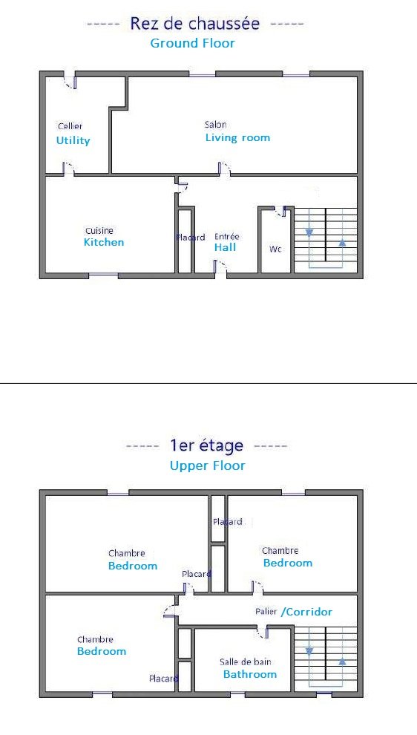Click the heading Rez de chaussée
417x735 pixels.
(194, 24)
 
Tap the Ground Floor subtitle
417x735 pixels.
(192, 43)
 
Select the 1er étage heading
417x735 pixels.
(206, 445)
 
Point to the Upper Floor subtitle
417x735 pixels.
(207, 466)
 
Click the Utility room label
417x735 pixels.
(73, 140)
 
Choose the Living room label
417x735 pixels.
(237, 138)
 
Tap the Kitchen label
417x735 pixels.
(104, 242)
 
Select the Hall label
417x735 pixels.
(226, 247)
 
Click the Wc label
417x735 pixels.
(275, 249)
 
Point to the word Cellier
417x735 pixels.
(70, 126)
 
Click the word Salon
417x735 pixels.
(215, 125)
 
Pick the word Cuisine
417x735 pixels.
(99, 231)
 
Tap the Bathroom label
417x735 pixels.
(250, 675)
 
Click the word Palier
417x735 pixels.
(266, 612)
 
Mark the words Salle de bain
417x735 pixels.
(246, 662)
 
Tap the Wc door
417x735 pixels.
(280, 212)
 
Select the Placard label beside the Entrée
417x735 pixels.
(191, 238)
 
